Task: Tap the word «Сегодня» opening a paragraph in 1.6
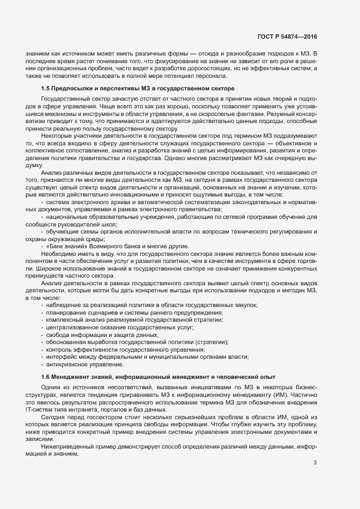pos(53,416)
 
